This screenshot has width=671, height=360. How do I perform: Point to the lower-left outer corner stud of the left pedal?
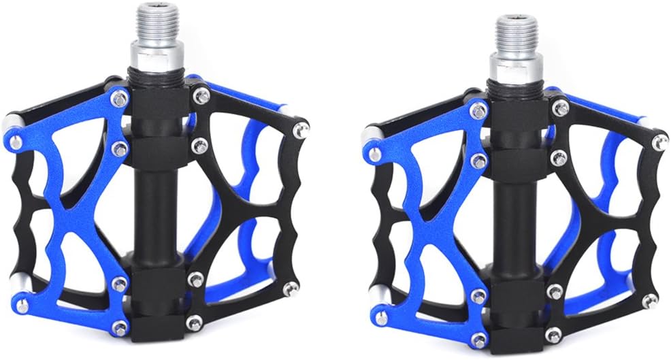(21, 306)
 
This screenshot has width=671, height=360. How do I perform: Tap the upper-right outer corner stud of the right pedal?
(659, 141)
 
